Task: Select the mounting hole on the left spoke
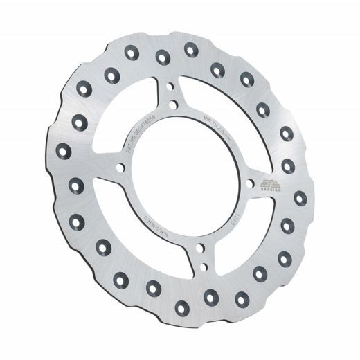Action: point(120,166)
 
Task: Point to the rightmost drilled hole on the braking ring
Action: point(300,198)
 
